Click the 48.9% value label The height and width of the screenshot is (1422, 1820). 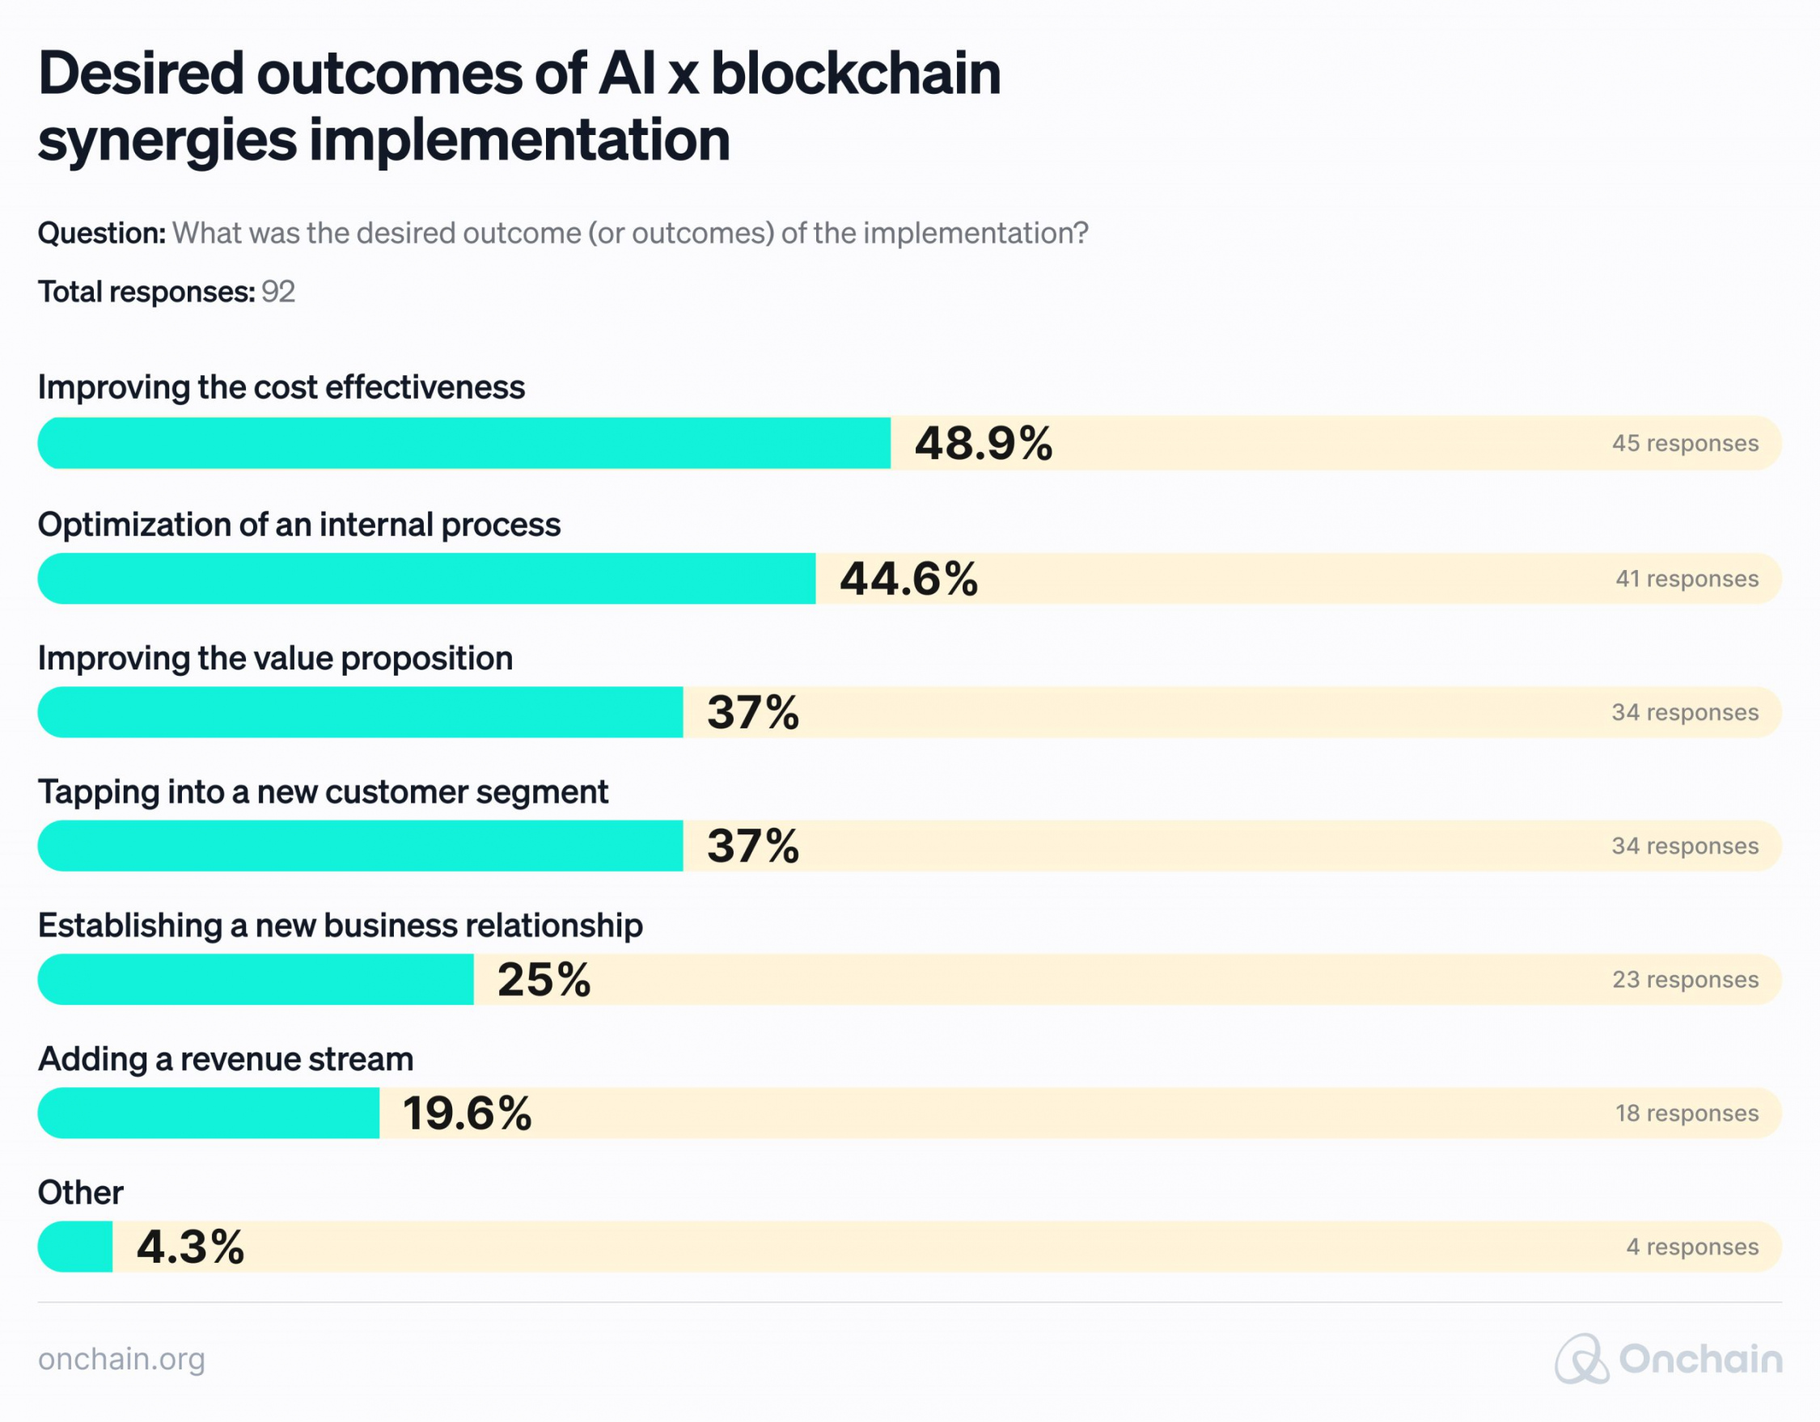(984, 443)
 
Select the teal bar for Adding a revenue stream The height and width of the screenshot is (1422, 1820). (209, 1113)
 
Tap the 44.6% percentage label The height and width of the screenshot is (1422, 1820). (908, 579)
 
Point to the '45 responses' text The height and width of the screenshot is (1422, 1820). (1685, 443)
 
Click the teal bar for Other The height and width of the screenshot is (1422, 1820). (75, 1247)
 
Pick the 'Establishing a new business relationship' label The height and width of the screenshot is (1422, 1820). (340, 926)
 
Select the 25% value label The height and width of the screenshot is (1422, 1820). (544, 980)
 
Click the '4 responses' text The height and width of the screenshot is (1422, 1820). (1692, 1247)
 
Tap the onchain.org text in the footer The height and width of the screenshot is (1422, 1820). (121, 1359)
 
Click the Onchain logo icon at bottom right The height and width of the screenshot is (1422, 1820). (1581, 1359)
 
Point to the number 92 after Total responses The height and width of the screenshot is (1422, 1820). (278, 292)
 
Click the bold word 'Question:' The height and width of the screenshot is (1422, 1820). (102, 234)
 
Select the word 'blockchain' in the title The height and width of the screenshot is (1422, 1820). (855, 74)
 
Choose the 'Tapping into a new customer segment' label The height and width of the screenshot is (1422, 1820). (323, 791)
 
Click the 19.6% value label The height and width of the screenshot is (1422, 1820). (467, 1114)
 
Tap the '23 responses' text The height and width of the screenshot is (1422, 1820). (1685, 980)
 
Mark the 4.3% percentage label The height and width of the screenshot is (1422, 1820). (190, 1247)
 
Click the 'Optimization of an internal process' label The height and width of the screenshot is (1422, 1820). (298, 525)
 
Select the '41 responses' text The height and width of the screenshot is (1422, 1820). (1687, 579)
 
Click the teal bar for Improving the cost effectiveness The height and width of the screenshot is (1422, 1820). (463, 443)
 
